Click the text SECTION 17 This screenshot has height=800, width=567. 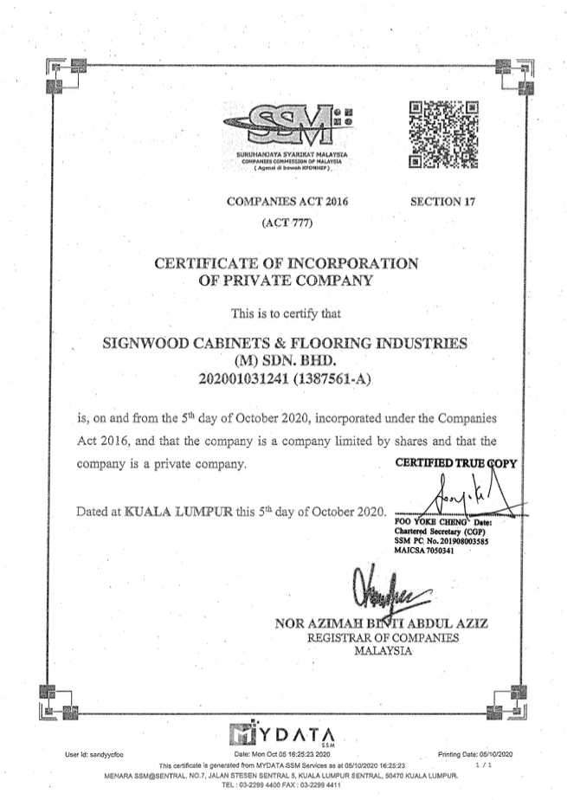[445, 203]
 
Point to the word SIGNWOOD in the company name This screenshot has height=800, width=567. [152, 343]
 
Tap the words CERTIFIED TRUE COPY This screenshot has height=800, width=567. [455, 462]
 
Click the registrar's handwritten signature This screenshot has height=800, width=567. [387, 590]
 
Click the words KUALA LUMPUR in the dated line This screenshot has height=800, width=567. [178, 511]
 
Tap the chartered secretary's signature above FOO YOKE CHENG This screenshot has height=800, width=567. [454, 498]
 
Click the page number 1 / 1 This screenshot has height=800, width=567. [483, 765]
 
